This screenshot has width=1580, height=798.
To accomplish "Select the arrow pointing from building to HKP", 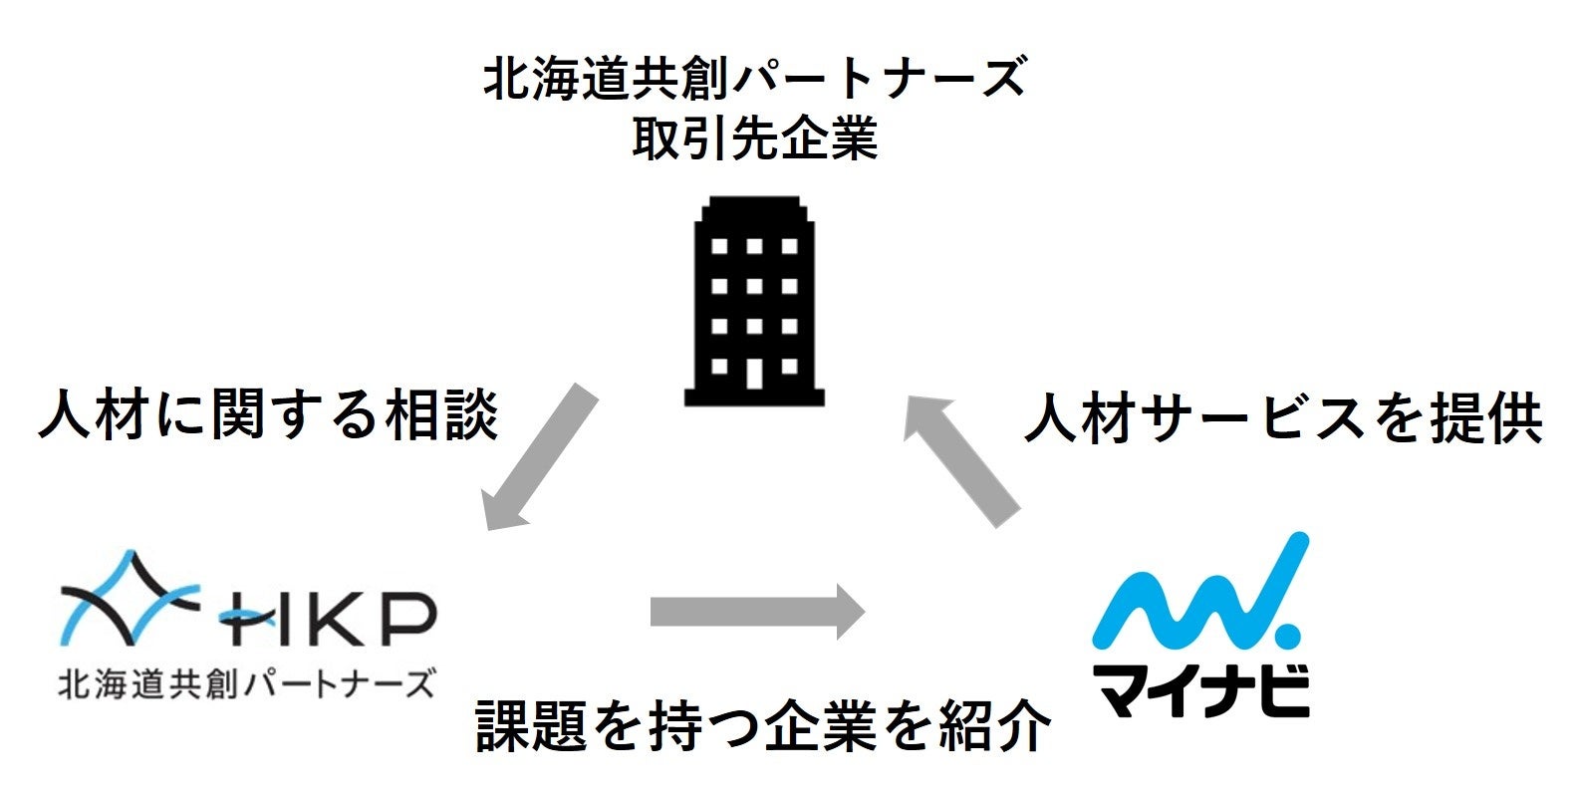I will pyautogui.click(x=539, y=458).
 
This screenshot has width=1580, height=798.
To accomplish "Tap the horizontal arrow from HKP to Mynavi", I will pyautogui.click(x=757, y=611).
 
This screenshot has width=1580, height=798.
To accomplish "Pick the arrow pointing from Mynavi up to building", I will pyautogui.click(x=960, y=457).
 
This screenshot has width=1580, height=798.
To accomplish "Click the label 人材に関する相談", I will pyautogui.click(x=267, y=413).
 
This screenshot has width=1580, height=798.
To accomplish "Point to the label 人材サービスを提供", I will pyautogui.click(x=1283, y=418).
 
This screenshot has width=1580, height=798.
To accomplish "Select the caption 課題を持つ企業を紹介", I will pyautogui.click(x=763, y=725).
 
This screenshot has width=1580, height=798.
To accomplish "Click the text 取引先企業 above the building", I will pyautogui.click(x=754, y=139).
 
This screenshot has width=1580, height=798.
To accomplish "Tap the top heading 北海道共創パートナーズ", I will pyautogui.click(x=754, y=78).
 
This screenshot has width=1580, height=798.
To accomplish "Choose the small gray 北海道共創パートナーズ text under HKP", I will pyautogui.click(x=247, y=684).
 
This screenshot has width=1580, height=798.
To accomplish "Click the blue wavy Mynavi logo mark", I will pyautogui.click(x=1195, y=593).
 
